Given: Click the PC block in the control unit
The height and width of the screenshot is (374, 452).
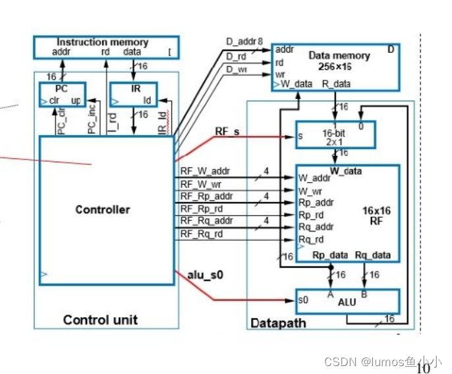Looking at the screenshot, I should tap(62, 94).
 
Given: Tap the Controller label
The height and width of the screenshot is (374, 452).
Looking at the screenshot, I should tap(102, 210).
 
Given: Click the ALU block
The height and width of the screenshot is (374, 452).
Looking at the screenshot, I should tap(347, 301).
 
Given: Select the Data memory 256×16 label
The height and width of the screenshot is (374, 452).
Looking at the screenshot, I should tap(339, 61).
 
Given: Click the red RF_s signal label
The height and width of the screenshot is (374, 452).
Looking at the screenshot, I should tap(227, 132).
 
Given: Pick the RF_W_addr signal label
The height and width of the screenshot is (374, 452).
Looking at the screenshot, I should tap(204, 171).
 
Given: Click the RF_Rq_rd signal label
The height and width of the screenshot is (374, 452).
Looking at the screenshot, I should tap(202, 234).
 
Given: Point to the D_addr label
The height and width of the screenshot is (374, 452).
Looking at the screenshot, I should tap(240, 42).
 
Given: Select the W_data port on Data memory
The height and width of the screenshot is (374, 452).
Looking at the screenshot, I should tap(296, 84).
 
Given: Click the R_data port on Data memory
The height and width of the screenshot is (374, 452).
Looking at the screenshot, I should tap(336, 84).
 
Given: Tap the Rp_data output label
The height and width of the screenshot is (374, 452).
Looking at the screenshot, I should tap(330, 255).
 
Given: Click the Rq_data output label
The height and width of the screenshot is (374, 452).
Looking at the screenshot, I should tap(372, 255).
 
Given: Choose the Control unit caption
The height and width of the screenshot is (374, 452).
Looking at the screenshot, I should tap(100, 320).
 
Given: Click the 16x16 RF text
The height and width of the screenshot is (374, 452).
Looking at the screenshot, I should tap(376, 216).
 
